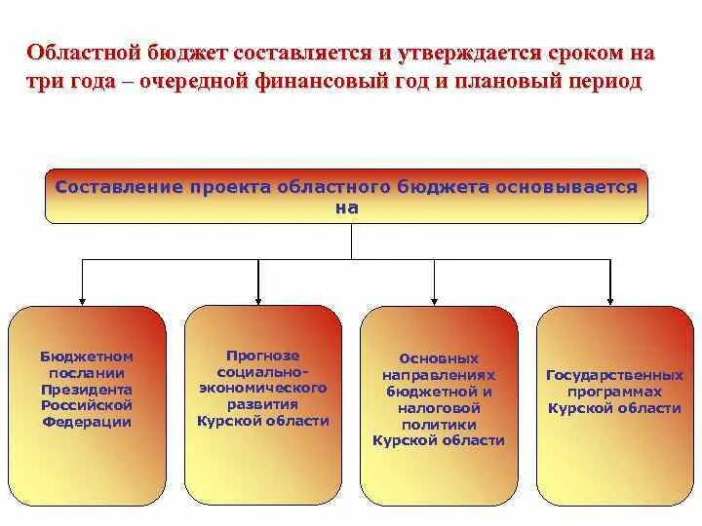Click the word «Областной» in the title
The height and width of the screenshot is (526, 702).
(x=83, y=52)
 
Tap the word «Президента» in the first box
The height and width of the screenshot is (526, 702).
(x=86, y=390)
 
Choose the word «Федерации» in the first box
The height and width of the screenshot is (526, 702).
(x=86, y=423)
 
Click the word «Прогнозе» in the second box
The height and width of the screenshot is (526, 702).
(x=262, y=356)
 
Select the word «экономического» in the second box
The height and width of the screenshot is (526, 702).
(x=262, y=388)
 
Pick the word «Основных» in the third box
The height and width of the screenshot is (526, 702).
(x=439, y=358)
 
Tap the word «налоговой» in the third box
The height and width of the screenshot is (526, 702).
(x=439, y=408)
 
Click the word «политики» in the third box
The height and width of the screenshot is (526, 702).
(x=439, y=425)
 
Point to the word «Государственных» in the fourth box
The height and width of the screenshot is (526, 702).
(x=614, y=375)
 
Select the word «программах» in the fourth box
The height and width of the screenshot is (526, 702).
(x=614, y=392)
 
